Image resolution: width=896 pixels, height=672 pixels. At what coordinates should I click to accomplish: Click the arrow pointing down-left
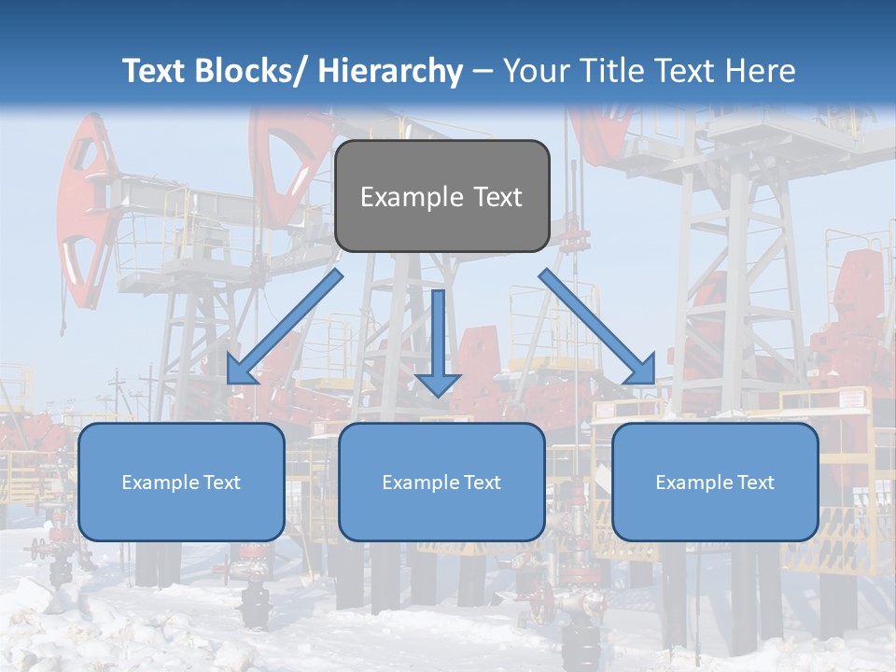coord(285,327)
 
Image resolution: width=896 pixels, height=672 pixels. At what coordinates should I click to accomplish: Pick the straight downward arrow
coord(438,342)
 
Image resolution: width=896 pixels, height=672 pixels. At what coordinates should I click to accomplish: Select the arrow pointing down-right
coord(597,327)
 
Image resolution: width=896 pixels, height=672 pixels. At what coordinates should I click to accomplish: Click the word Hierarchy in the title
coord(390,71)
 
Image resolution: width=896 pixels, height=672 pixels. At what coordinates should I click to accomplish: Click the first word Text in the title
coord(155,71)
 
